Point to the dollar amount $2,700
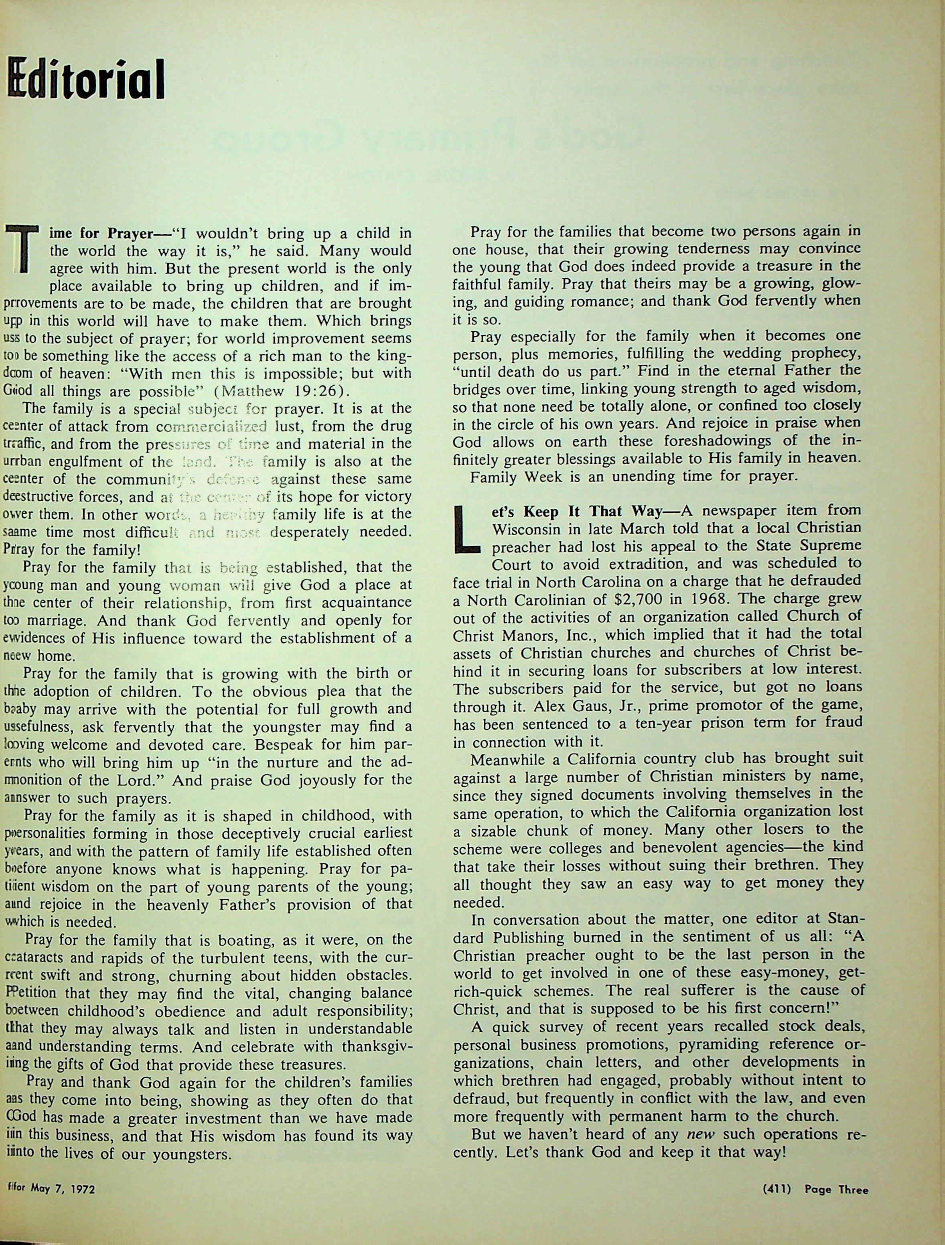coord(626,598)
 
